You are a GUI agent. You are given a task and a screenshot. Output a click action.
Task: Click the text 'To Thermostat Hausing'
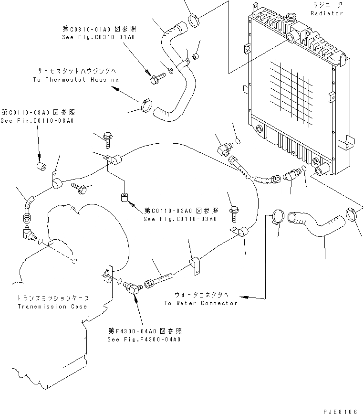(76, 80)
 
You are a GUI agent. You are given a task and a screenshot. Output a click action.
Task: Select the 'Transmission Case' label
(52, 306)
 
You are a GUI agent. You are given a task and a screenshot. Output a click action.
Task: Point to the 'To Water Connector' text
(201, 303)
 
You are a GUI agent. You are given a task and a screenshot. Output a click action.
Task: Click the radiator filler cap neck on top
(292, 36)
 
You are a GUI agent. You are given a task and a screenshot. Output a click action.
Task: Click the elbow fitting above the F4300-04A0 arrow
(131, 287)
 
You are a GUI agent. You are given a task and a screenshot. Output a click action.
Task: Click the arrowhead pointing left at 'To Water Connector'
(244, 297)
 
